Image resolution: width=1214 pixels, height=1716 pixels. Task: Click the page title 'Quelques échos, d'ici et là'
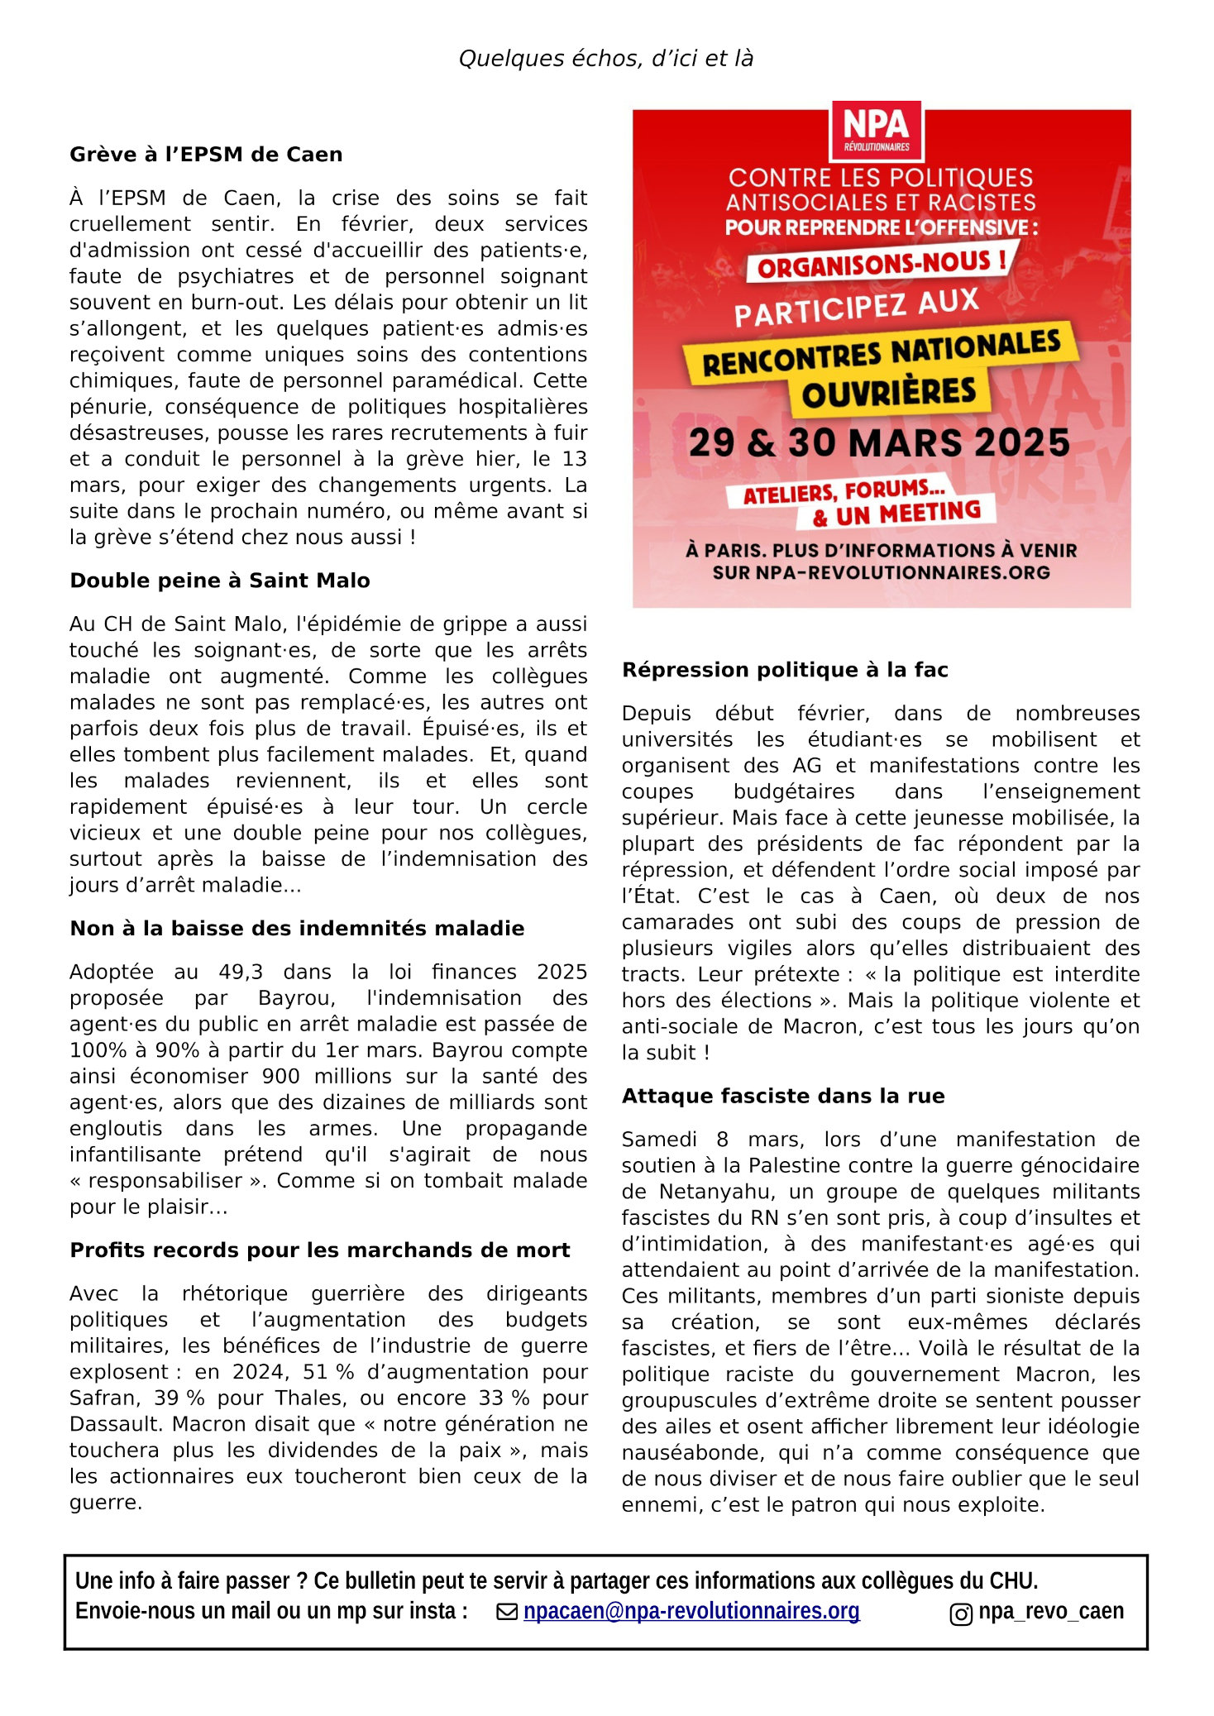coord(605,59)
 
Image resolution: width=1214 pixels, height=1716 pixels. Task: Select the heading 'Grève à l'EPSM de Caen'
coord(206,155)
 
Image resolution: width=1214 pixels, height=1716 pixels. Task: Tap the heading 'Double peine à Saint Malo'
coord(220,581)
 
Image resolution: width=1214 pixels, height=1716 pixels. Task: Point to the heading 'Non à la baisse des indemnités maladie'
coord(297,929)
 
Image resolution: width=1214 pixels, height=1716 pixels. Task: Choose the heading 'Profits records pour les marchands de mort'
coord(320,1250)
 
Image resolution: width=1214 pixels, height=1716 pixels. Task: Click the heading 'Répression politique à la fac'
coord(785,670)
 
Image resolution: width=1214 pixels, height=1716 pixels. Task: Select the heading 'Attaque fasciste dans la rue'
coord(783,1097)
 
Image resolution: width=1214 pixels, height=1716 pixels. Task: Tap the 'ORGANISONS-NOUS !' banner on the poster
coord(882,265)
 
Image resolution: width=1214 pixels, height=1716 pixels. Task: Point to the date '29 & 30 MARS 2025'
coord(879,443)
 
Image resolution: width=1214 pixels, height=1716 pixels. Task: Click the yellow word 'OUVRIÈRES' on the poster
coord(889,394)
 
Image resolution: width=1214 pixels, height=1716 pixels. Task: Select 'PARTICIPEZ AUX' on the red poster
coord(857,308)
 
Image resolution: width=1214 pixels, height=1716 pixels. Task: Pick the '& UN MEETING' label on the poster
coord(896,514)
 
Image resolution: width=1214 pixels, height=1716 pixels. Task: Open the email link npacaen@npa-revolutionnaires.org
coord(691,1611)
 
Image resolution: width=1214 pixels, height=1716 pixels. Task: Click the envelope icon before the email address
coord(507,1612)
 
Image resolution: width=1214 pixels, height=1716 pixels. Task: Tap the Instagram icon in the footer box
coord(961,1614)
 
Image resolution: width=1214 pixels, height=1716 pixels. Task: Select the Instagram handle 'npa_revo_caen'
coord(1051,1611)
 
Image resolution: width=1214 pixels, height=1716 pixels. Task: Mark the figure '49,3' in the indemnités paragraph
coord(241,973)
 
